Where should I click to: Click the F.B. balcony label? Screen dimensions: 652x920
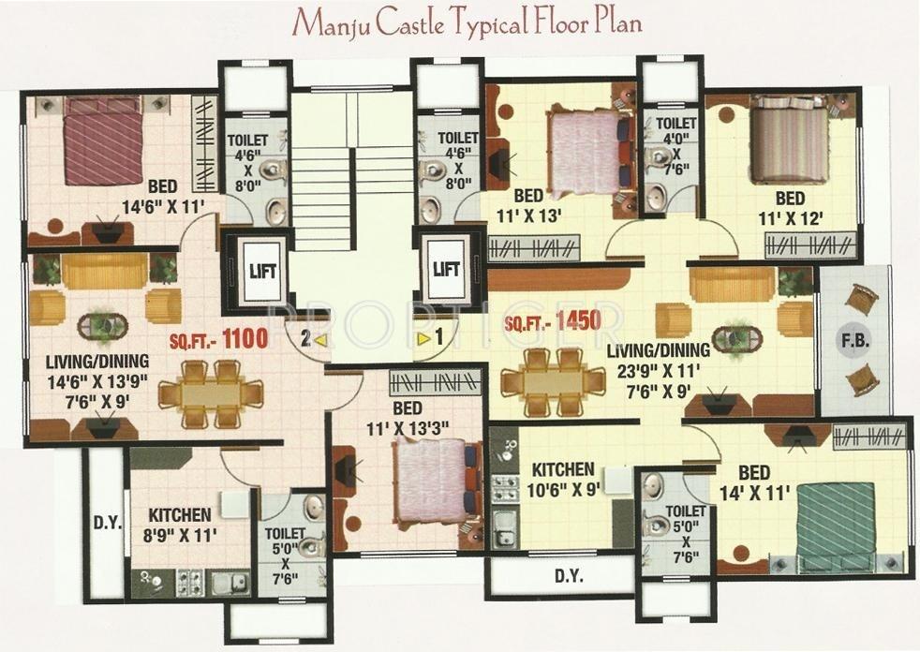[855, 341]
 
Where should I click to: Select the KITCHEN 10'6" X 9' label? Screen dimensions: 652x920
[562, 478]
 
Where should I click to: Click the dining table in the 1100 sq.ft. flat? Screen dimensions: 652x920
[208, 393]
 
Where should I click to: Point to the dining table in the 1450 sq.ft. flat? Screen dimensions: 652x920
[553, 381]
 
